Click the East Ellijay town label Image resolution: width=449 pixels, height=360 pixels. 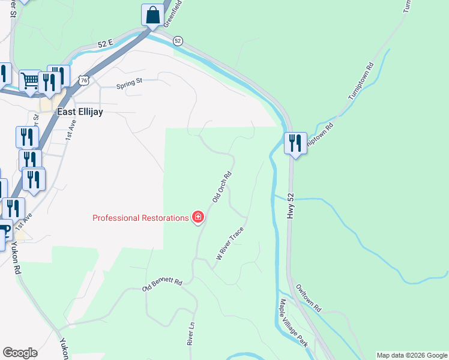[x=78, y=112]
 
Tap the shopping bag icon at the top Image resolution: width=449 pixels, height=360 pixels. [x=152, y=15]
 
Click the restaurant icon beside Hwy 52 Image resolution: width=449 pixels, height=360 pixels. [x=295, y=143]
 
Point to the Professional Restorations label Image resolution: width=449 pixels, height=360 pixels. [x=140, y=218]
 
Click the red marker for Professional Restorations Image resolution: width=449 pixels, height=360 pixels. [x=197, y=217]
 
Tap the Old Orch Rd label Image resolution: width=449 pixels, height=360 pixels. [x=222, y=188]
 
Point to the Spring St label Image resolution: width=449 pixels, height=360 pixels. [x=129, y=83]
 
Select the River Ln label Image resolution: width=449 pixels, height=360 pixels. [x=190, y=334]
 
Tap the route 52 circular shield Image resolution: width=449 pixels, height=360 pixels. [x=178, y=40]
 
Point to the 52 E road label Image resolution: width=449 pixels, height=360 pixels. [x=106, y=44]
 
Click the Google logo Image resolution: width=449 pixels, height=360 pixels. [x=20, y=353]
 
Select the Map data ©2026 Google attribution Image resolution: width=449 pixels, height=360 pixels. [x=412, y=355]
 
